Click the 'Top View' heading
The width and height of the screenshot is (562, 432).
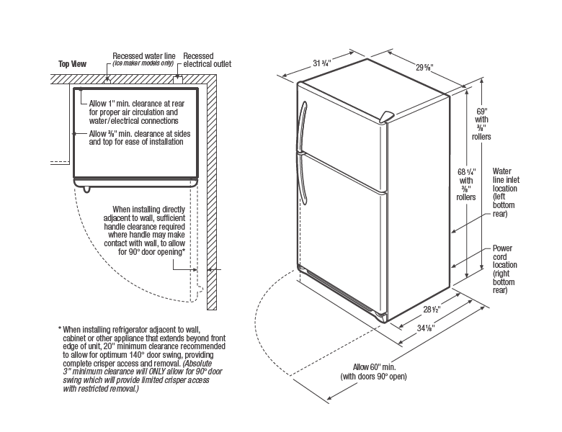coord(72,64)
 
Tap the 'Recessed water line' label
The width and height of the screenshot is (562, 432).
coord(143,55)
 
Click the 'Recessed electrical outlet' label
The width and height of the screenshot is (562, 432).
coord(208,60)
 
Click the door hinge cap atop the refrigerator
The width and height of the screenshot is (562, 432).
coord(387,117)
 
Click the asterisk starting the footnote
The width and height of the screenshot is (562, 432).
coord(60,329)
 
